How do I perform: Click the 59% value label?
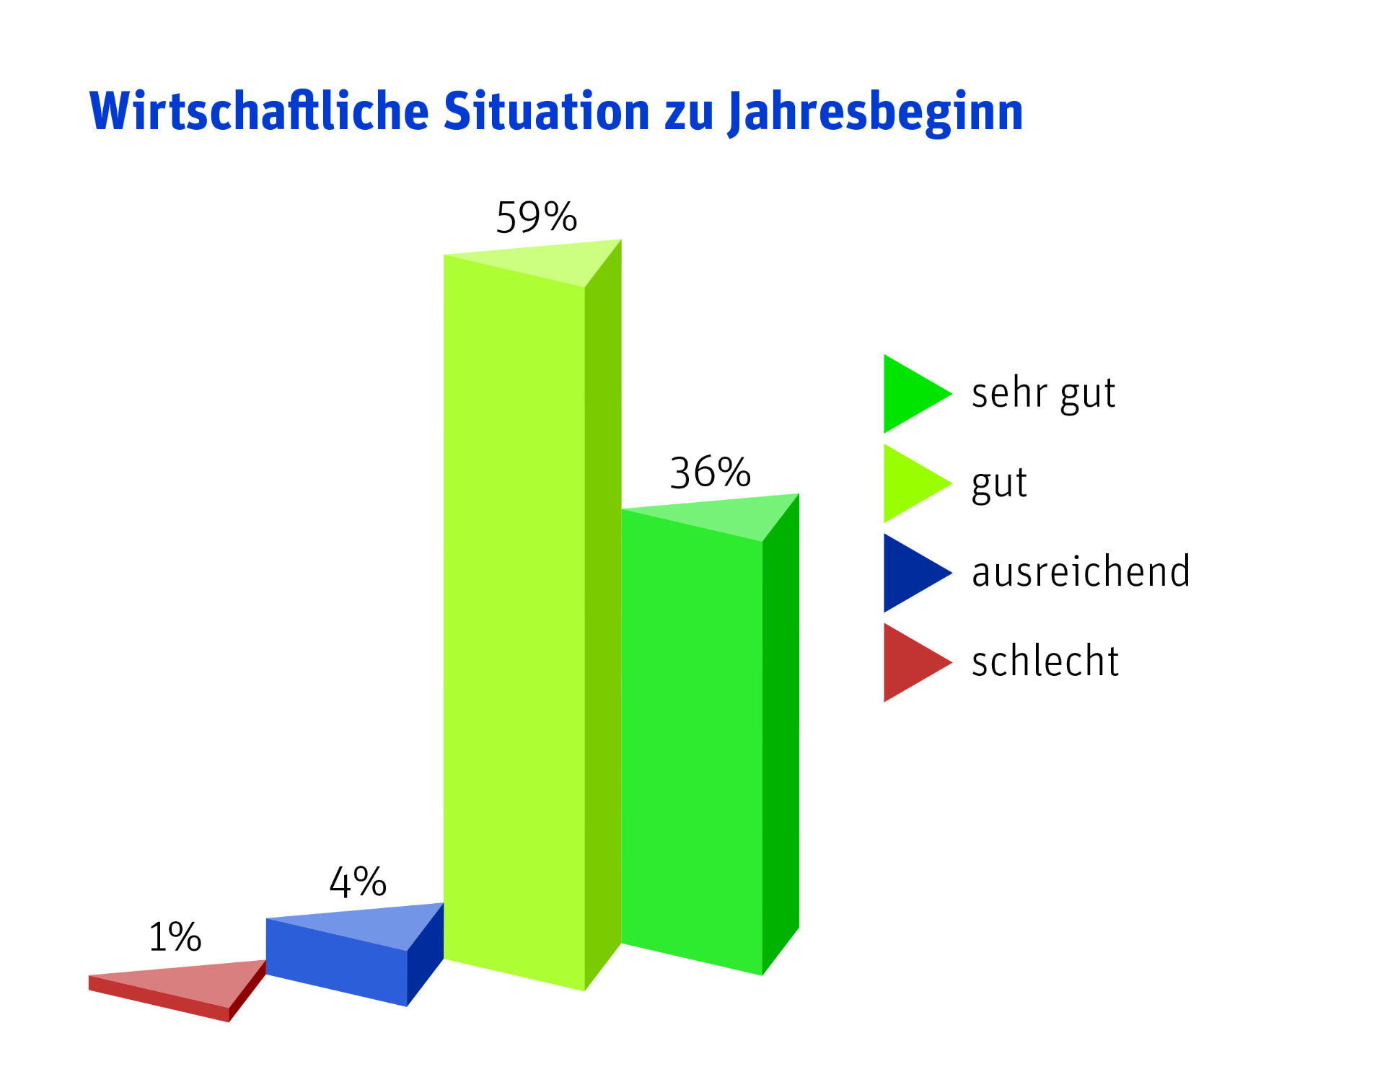[x=536, y=217]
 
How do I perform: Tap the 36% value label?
[x=711, y=473]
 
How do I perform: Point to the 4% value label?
[x=358, y=882]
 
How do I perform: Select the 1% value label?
[x=175, y=937]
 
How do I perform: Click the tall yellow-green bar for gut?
[x=532, y=615]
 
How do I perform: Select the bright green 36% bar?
[x=711, y=734]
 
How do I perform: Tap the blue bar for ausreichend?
[x=354, y=954]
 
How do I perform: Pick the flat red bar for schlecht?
[x=177, y=990]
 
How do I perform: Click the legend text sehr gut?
[x=1043, y=395]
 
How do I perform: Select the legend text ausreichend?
[x=1081, y=571]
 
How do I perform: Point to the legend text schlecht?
[x=1045, y=660]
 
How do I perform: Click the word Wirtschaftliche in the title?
[x=260, y=111]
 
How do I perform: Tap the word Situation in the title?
[x=547, y=111]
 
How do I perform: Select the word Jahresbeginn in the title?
[x=876, y=113]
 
